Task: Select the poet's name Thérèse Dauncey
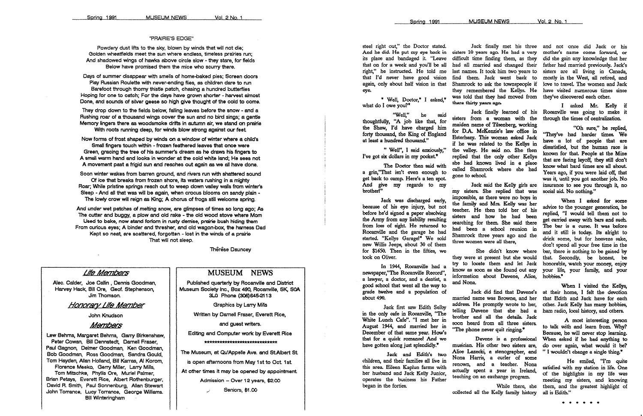[x=231, y=249]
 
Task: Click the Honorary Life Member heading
[x=106, y=305]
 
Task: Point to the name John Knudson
[x=105, y=316]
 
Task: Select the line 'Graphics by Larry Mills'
[x=240, y=305]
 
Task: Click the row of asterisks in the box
[x=240, y=342]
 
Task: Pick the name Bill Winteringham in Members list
[x=105, y=398]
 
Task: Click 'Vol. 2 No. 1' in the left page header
[x=229, y=18]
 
